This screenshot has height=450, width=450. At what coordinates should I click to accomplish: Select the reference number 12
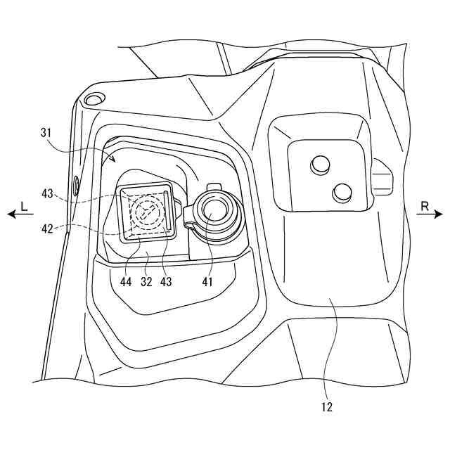327,406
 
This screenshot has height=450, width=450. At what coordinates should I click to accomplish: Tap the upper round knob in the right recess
320,165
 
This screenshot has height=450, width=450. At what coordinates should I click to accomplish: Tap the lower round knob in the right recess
342,191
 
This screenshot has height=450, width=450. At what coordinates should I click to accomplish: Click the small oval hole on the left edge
75,186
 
